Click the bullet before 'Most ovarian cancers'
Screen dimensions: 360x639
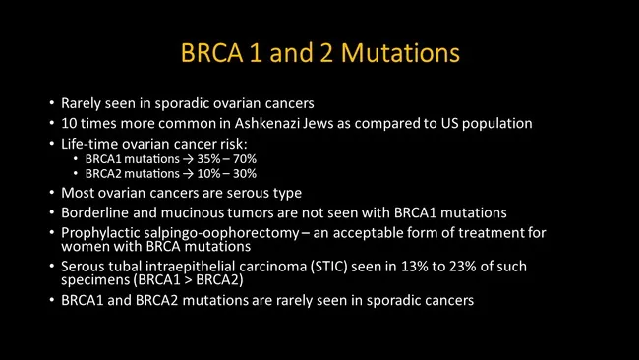(51, 192)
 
